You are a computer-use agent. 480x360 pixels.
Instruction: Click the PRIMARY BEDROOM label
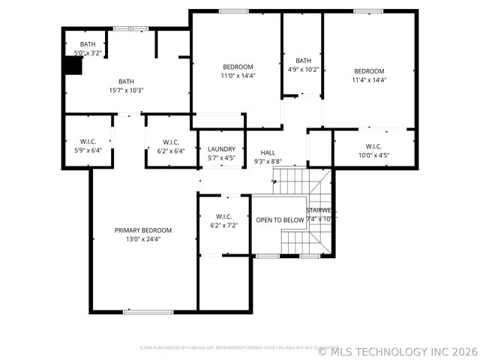click(142, 230)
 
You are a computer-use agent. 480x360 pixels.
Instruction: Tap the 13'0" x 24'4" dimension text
click(142, 239)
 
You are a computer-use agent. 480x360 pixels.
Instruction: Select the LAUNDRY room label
click(221, 149)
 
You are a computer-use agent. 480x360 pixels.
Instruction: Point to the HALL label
click(267, 152)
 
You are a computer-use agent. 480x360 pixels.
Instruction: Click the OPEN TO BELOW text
click(280, 220)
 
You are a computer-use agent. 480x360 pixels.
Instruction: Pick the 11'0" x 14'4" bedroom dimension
click(237, 76)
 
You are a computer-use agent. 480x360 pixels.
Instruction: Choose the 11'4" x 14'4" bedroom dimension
click(369, 80)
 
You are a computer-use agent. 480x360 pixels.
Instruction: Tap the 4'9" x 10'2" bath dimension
click(303, 70)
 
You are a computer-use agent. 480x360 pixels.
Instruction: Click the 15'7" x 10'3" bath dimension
click(125, 91)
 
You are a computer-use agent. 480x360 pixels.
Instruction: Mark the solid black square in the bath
click(72, 66)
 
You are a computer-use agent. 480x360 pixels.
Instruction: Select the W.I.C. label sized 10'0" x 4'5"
click(373, 146)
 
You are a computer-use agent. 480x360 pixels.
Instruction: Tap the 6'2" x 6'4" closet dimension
click(170, 151)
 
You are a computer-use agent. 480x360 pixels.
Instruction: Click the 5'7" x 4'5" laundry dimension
click(221, 158)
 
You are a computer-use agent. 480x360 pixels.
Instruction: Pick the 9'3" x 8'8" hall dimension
click(267, 161)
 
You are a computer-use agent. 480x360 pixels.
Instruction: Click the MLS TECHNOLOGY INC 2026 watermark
click(397, 351)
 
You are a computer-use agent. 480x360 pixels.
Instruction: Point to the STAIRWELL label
click(321, 211)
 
